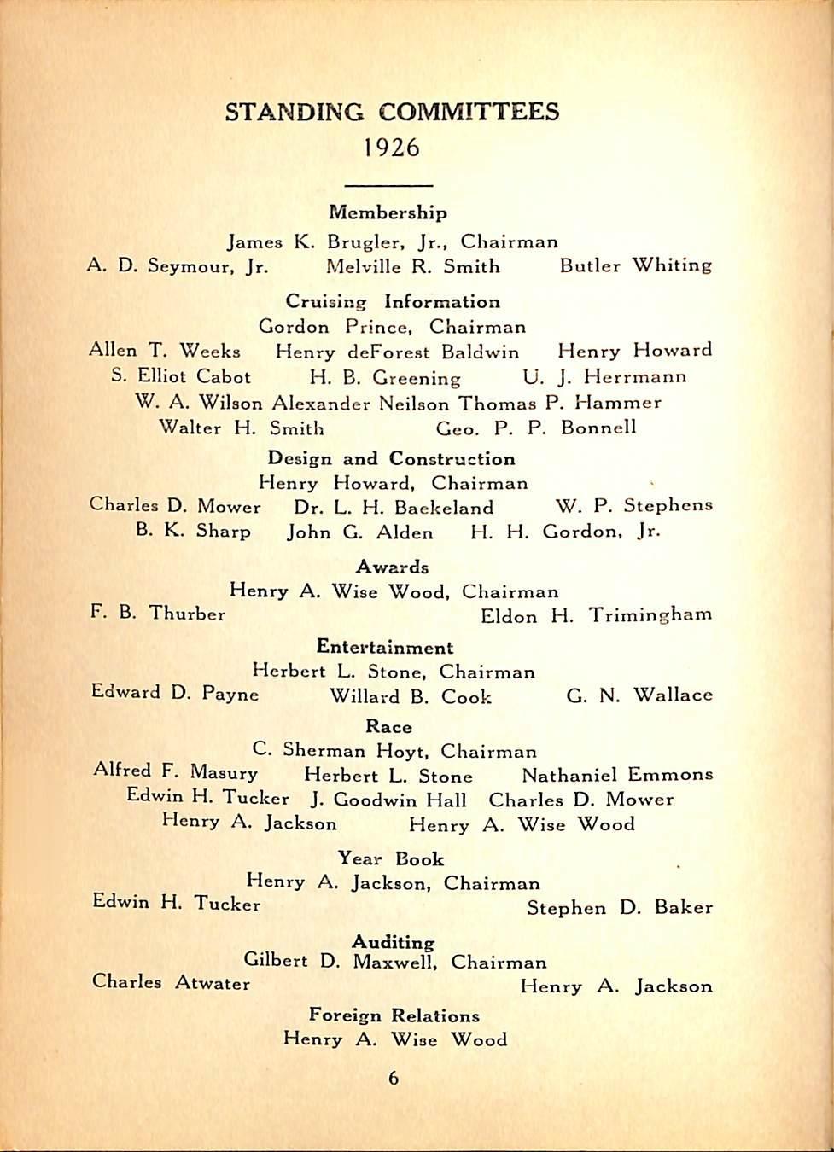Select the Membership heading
(388, 212)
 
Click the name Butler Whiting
(635, 265)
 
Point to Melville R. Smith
(413, 266)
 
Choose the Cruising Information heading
(393, 302)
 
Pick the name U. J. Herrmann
(604, 377)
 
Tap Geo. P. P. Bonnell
(536, 428)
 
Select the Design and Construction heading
(391, 459)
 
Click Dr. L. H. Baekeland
(394, 508)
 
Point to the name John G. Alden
(360, 532)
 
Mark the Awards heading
(392, 567)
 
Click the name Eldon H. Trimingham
(596, 615)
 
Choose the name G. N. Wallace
(639, 695)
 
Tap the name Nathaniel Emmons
(616, 776)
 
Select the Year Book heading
(391, 859)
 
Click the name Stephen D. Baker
(619, 908)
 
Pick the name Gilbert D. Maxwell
(341, 962)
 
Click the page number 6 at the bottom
(394, 1079)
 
